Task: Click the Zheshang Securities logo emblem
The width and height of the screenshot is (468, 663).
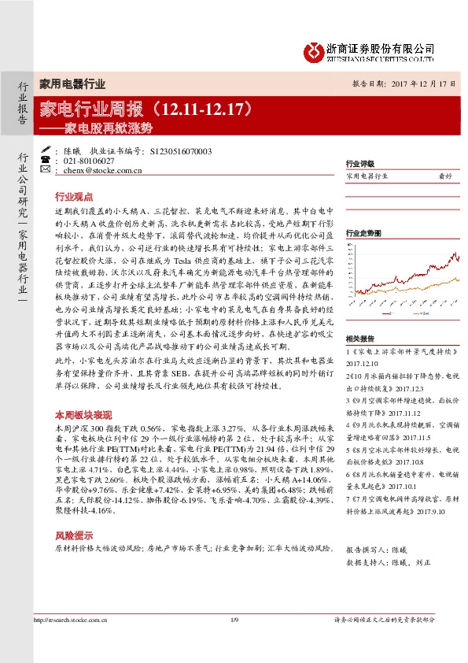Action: coord(313,49)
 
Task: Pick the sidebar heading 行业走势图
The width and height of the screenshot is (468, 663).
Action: coord(363,234)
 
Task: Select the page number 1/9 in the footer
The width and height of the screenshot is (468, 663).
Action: coord(234,644)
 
